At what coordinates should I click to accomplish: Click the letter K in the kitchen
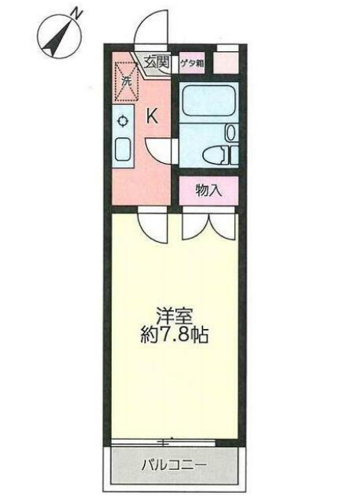(152, 116)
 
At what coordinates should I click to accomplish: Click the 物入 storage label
(208, 191)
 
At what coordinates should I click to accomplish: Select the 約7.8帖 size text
(175, 334)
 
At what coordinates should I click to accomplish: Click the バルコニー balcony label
(175, 464)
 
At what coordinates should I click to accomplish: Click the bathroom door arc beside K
(159, 148)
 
